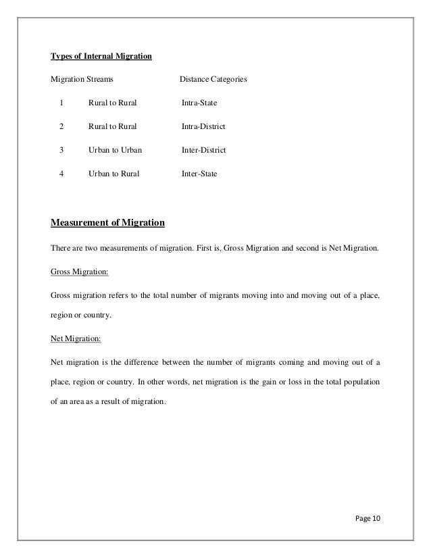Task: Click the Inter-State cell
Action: pos(199,173)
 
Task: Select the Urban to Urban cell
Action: pos(115,149)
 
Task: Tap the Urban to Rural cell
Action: pos(113,173)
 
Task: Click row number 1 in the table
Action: pos(61,103)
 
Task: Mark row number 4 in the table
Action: pos(61,173)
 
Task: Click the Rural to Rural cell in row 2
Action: pos(112,126)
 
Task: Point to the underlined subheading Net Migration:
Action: pos(76,338)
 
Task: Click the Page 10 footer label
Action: pos(367,518)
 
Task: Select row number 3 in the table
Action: pos(61,149)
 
